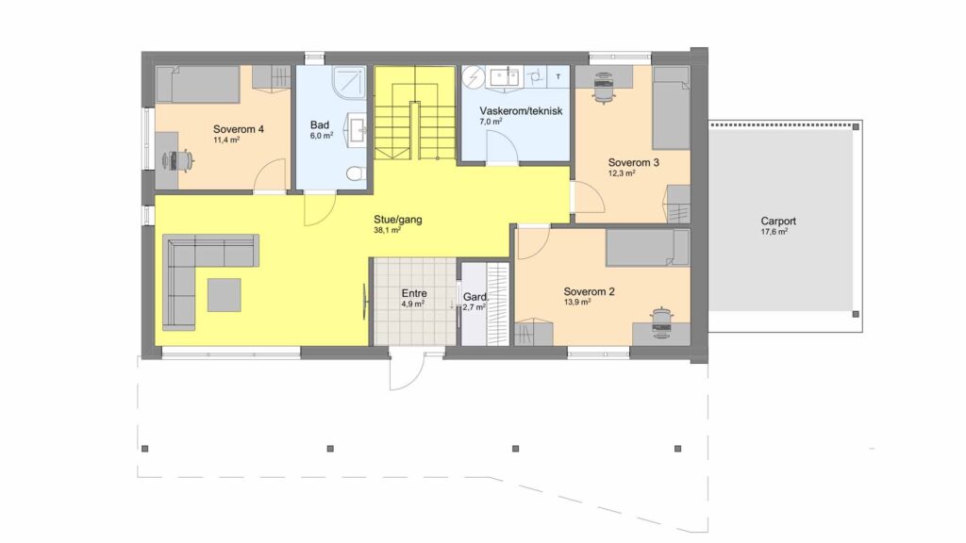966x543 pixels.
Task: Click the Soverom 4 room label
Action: [x=239, y=129]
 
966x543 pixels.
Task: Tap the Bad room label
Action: [x=320, y=125]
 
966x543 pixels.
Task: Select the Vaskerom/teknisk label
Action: [x=521, y=111]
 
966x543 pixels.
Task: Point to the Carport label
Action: [x=778, y=221]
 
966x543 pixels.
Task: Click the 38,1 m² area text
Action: [x=388, y=230]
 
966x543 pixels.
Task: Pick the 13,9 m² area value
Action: [x=577, y=303]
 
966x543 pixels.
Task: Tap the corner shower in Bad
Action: [x=350, y=82]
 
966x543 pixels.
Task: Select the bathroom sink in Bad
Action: [x=357, y=128]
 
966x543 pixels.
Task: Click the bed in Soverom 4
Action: [x=197, y=84]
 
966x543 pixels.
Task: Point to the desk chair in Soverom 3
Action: [x=603, y=86]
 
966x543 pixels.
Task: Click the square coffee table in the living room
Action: [x=224, y=295]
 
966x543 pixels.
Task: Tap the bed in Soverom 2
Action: [x=647, y=248]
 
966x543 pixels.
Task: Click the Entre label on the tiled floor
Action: [x=414, y=294]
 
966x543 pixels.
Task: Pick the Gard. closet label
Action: [x=475, y=297]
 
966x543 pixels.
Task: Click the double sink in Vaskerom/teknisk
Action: [x=505, y=77]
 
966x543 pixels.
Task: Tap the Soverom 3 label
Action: [x=633, y=162]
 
